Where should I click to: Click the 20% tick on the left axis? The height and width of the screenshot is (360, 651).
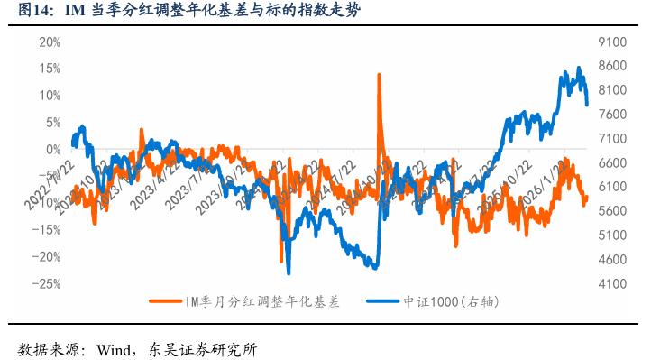click(49, 42)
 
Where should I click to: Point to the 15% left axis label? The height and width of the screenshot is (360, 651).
click(49, 69)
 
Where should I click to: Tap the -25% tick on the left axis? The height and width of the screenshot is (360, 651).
click(46, 283)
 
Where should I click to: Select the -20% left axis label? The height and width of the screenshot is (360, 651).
click(46, 256)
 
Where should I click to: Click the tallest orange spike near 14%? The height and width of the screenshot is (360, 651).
click(378, 74)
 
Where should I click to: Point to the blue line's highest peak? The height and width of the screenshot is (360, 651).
click(578, 68)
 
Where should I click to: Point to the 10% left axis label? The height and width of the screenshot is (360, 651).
click(49, 96)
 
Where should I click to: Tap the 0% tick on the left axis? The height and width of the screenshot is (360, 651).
click(52, 149)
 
